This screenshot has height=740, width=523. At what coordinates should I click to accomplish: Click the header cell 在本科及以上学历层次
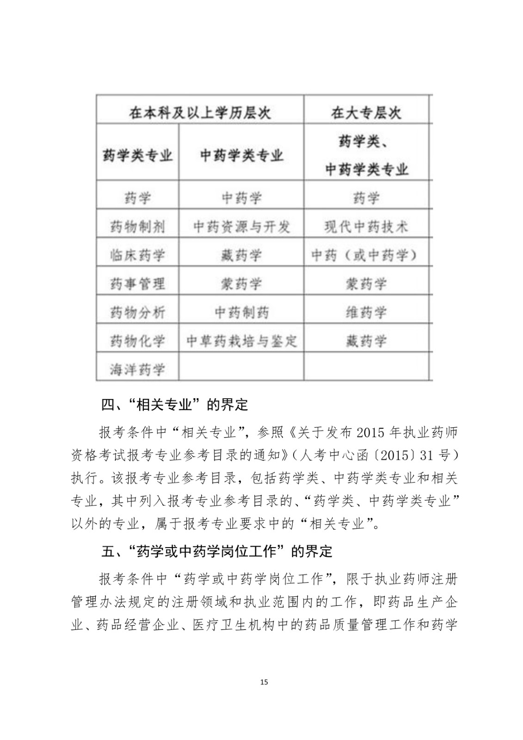[200, 112]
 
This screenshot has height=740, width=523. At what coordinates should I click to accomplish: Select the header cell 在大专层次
[366, 112]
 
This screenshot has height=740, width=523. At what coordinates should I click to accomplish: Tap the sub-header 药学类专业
[137, 155]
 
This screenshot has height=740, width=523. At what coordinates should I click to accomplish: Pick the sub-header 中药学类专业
[241, 155]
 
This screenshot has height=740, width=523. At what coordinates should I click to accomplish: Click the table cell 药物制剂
[137, 227]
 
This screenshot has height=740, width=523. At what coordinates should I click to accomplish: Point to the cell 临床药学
[137, 255]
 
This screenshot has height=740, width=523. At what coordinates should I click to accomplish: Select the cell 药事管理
[137, 284]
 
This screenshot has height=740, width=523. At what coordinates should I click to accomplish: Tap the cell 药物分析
[137, 313]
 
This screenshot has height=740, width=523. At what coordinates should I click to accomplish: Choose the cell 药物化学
[137, 341]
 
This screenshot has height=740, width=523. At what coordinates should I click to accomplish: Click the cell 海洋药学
[137, 370]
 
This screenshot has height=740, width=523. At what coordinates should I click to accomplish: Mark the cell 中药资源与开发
[241, 227]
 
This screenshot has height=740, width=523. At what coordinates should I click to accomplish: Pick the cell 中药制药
[241, 313]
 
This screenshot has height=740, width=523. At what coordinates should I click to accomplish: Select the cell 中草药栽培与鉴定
[241, 341]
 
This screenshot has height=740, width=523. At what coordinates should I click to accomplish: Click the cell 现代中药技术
[366, 227]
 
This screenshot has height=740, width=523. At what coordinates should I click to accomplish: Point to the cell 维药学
[366, 313]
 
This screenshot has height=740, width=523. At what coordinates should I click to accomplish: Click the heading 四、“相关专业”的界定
[175, 405]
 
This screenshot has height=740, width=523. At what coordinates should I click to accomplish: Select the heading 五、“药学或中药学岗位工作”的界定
[216, 551]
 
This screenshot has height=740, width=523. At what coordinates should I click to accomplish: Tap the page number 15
[264, 682]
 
